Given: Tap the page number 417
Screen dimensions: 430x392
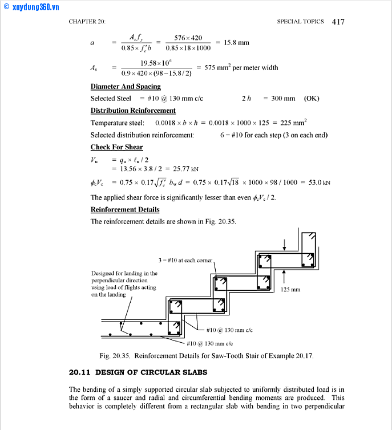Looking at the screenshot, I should pos(338,22).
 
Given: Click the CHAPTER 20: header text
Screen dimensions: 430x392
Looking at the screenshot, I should pos(87,22).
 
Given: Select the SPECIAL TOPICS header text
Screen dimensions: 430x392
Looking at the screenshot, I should pos(300,22).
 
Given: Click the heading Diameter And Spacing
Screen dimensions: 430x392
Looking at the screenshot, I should pos(126,87).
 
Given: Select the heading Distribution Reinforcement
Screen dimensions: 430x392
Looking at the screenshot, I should pos(133,111).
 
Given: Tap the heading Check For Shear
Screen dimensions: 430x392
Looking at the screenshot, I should pos(116,147).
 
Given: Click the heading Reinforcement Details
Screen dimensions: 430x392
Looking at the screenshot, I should pos(125,209).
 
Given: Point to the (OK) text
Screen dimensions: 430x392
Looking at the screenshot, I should pos(312,99).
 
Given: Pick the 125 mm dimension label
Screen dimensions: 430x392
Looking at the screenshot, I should pos(290,290).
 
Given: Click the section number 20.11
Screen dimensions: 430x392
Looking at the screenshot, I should pos(79,372).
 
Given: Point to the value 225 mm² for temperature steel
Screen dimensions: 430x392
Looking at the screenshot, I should pos(293,123).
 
